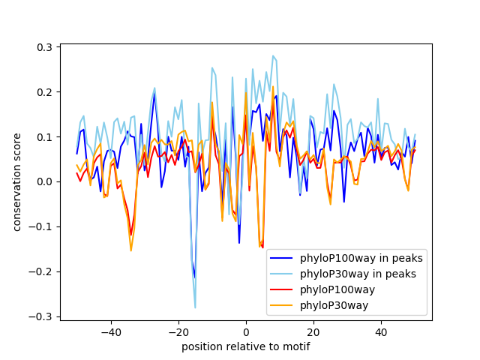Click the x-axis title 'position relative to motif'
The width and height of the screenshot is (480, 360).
coord(245,346)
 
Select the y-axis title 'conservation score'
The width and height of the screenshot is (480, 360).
coord(16,182)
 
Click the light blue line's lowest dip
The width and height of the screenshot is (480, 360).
coord(195,307)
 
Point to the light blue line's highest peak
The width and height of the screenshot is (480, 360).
coord(273,55)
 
